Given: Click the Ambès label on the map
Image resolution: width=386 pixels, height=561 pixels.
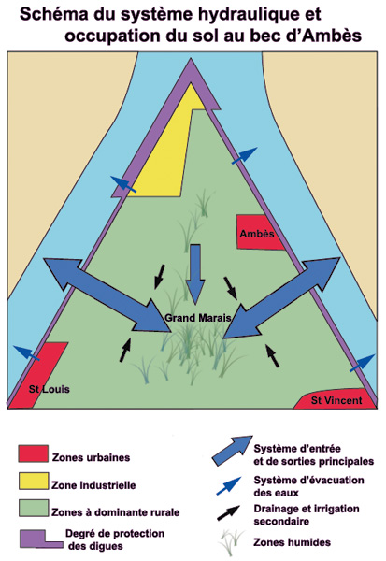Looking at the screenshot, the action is pyautogui.click(x=257, y=234).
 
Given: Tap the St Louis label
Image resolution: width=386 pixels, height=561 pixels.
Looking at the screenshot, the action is pyautogui.click(x=49, y=389).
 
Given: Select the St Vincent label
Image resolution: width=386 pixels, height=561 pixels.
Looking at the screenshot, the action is pyautogui.click(x=336, y=400).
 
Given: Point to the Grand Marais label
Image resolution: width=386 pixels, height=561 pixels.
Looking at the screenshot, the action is pyautogui.click(x=198, y=318).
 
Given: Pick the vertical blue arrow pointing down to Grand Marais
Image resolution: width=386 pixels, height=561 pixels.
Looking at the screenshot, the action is pyautogui.click(x=195, y=275).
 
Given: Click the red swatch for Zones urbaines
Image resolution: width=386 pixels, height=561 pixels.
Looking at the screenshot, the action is pyautogui.click(x=34, y=453).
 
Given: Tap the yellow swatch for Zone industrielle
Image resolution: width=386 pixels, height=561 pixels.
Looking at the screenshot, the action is pyautogui.click(x=34, y=482).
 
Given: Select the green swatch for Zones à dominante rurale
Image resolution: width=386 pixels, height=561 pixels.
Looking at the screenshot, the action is pyautogui.click(x=34, y=508).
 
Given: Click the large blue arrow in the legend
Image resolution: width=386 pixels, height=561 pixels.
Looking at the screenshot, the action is pyautogui.click(x=233, y=451).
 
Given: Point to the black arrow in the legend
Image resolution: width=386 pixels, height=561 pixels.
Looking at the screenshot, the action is pyautogui.click(x=229, y=513).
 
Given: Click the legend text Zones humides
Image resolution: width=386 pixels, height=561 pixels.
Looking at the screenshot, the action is pyautogui.click(x=292, y=542).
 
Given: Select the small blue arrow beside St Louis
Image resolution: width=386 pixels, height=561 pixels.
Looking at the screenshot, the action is pyautogui.click(x=26, y=352).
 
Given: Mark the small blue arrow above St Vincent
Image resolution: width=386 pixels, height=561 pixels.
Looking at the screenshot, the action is pyautogui.click(x=362, y=363).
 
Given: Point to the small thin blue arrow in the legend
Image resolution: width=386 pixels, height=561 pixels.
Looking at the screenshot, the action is pyautogui.click(x=229, y=486).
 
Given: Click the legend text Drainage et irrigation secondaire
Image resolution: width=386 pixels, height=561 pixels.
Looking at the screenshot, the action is pyautogui.click(x=307, y=515).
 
